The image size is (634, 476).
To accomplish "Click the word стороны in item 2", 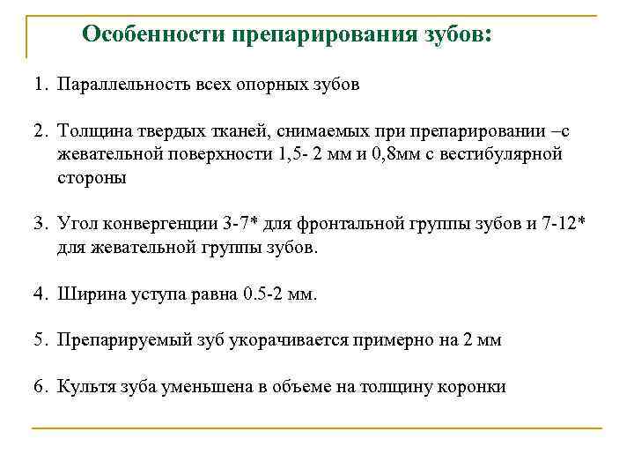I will (x=92, y=177).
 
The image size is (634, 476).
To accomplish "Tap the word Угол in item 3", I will (x=76, y=224).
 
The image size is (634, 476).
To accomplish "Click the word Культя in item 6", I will (x=85, y=386).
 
